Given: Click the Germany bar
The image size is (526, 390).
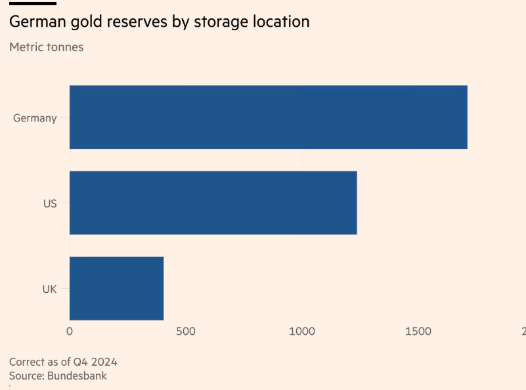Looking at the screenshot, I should pyautogui.click(x=268, y=118).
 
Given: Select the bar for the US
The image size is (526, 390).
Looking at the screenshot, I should pyautogui.click(x=213, y=203).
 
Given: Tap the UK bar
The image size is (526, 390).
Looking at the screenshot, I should pyautogui.click(x=116, y=288).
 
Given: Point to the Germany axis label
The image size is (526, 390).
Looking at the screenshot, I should pyautogui.click(x=35, y=119).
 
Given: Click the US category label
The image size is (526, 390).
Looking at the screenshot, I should pyautogui.click(x=50, y=204).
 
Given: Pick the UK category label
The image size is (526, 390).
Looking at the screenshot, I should pyautogui.click(x=49, y=289).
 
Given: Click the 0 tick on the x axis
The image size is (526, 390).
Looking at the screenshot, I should pyautogui.click(x=70, y=332).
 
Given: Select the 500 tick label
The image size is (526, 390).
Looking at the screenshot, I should pyautogui.click(x=186, y=332).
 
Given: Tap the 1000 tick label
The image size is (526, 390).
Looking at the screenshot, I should pyautogui.click(x=302, y=332).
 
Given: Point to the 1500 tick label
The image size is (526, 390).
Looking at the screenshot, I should pyautogui.click(x=418, y=332).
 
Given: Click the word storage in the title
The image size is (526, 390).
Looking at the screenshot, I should pyautogui.click(x=215, y=22).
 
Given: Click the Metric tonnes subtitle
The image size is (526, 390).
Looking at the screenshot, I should pyautogui.click(x=46, y=47).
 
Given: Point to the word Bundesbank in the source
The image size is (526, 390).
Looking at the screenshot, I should pyautogui.click(x=77, y=376).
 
